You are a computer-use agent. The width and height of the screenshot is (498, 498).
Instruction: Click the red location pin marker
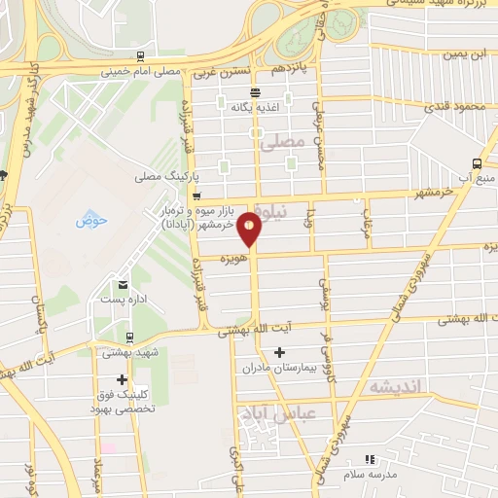pyautogui.click(x=250, y=229)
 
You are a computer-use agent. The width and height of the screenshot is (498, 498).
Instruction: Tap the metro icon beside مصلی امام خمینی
pyautogui.click(x=142, y=55)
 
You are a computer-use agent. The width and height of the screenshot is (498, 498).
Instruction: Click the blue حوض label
pyautogui.click(x=91, y=220)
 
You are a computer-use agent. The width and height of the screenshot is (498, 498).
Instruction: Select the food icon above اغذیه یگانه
pyautogui.click(x=255, y=91)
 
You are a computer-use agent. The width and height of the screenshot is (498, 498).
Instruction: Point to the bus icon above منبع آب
pyautogui.click(x=476, y=163)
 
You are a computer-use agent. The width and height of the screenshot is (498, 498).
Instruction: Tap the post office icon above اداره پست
pyautogui.click(x=123, y=284)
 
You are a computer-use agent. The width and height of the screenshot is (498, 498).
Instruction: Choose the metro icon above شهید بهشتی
pyautogui.click(x=129, y=338)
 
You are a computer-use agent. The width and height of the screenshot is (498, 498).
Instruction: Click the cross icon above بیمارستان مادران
pyautogui.click(x=280, y=351)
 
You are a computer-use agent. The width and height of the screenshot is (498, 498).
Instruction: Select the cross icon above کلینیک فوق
pyautogui.click(x=122, y=379)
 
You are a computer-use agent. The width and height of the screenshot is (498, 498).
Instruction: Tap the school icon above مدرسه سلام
pyautogui.click(x=368, y=459)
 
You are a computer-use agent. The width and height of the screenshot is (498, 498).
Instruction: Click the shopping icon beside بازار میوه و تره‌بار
pyautogui.click(x=196, y=196)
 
